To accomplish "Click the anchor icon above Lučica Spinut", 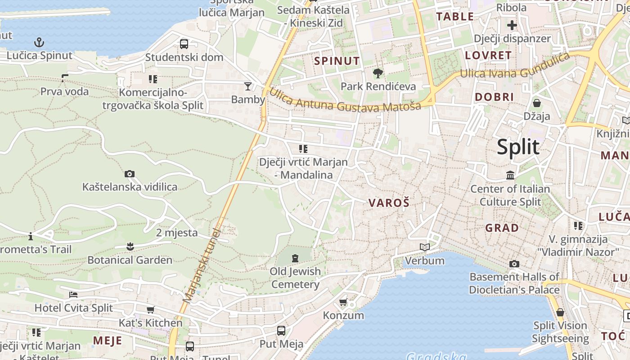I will tap(40, 43).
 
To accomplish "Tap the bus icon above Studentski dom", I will tap(184, 44).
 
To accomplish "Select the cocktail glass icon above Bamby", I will tap(247, 86).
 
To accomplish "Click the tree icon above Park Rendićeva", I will tap(378, 73).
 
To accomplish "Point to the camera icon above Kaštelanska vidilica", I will tap(130, 174).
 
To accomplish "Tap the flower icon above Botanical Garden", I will tap(130, 246).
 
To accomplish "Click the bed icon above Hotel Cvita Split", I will tap(73, 295).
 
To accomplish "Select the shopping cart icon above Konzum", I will tap(343, 302).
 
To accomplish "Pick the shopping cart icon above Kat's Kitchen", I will tap(150, 310).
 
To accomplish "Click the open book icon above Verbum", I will tap(424, 247).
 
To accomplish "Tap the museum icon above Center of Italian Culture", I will tap(510, 175).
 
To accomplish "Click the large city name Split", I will tap(518, 147).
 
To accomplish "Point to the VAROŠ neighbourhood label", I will tap(389, 202).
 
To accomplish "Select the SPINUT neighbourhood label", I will tap(337, 61).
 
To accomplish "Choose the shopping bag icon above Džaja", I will tap(536, 103).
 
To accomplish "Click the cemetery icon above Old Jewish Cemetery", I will tap(295, 258).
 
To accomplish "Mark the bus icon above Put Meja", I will tap(281, 331).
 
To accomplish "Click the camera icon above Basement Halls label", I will tap(514, 264).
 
